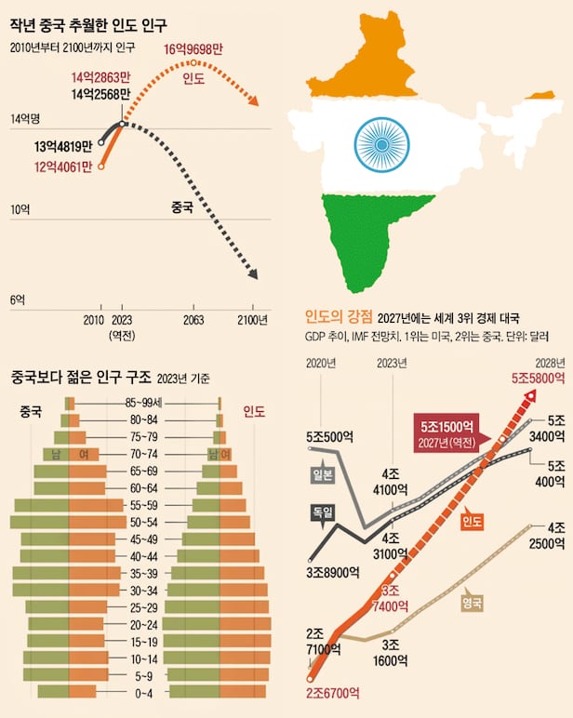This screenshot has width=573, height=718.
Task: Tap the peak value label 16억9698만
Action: (193, 49)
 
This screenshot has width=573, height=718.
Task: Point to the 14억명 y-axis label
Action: (25, 118)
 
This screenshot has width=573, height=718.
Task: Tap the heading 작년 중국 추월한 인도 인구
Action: (82, 21)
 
